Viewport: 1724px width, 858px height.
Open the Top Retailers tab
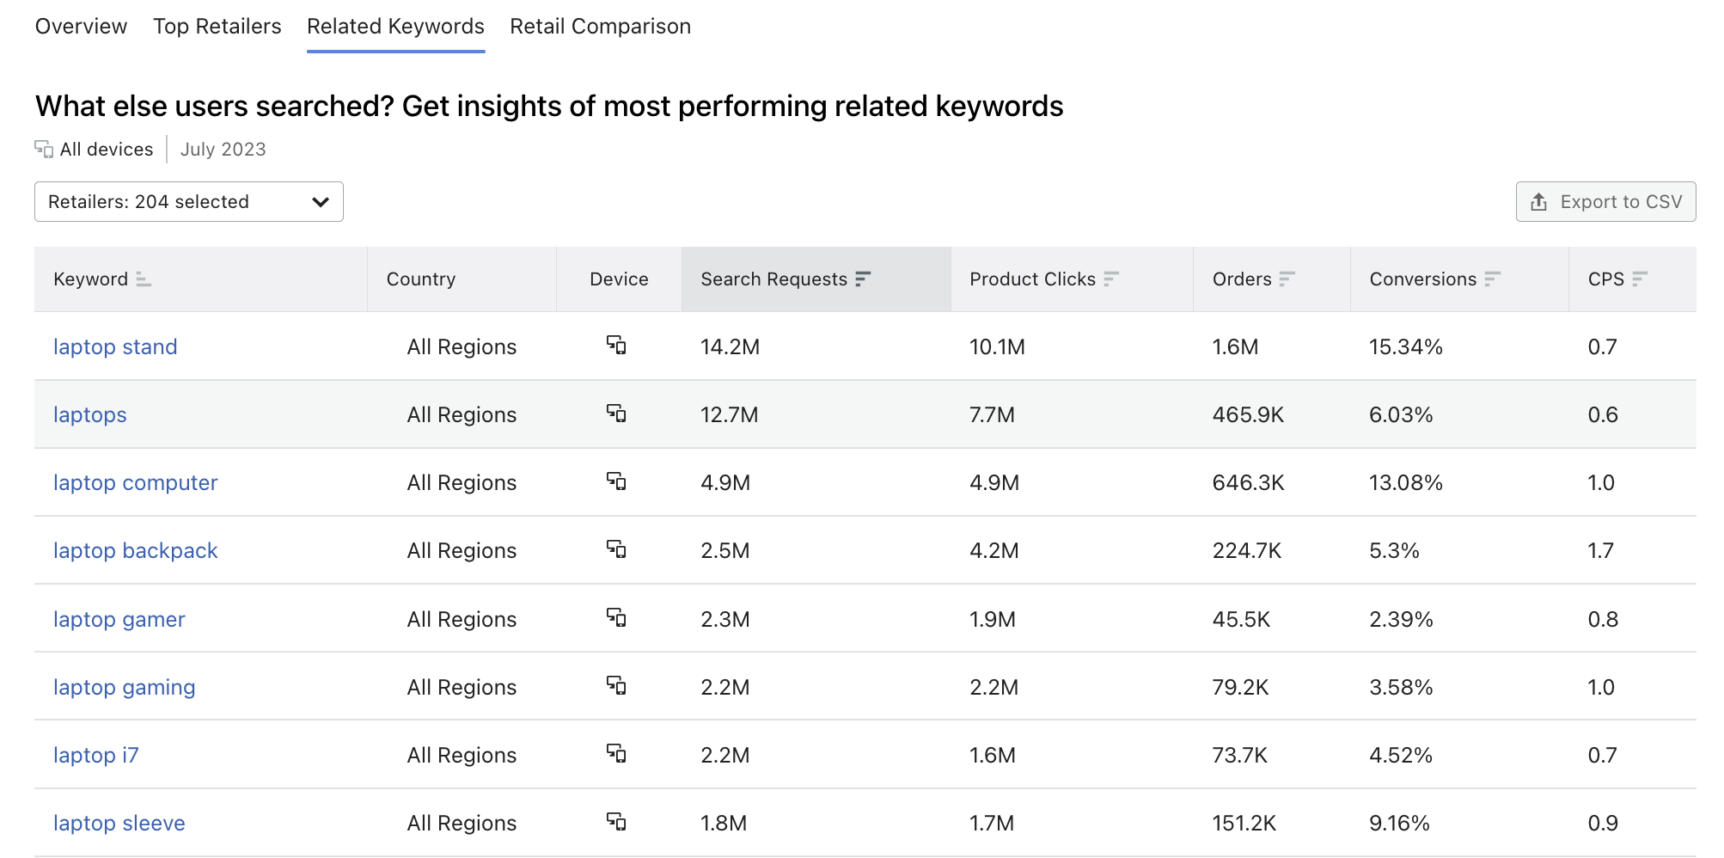[217, 27]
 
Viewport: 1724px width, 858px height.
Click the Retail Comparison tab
[600, 27]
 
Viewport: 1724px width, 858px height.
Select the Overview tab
[81, 27]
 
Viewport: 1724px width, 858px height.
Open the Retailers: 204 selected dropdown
[189, 202]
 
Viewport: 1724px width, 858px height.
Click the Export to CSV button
[1605, 202]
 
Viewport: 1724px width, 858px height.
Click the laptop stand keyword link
[115, 346]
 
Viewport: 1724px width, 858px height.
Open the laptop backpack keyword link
[135, 550]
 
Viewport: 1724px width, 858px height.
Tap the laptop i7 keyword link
[95, 755]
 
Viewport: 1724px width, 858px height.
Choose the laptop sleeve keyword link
[119, 823]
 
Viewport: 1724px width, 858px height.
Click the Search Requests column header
[773, 279]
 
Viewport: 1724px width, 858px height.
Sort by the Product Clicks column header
[1032, 279]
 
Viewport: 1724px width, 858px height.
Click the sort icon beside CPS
[1640, 279]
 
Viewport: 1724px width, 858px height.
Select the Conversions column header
[1422, 279]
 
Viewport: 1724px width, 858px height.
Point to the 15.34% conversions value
[1405, 346]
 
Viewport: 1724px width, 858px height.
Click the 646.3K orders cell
[1248, 482]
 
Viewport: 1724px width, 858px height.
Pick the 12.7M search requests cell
[729, 414]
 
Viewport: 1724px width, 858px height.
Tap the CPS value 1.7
[1600, 550]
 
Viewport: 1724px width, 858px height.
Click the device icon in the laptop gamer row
[616, 617]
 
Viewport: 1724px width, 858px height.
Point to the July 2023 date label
[223, 150]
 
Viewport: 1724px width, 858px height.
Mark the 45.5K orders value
[1241, 619]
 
